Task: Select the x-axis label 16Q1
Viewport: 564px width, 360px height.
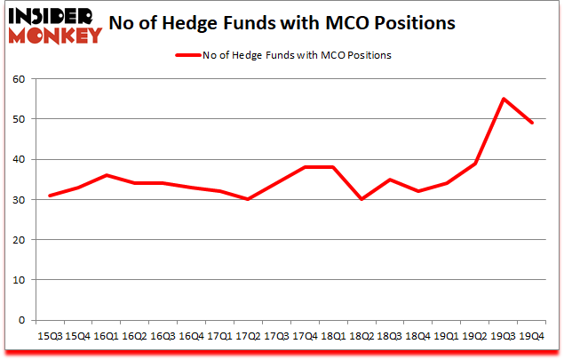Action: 106,337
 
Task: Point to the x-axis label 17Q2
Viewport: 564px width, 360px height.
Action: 248,337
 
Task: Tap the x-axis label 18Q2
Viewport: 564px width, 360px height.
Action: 361,337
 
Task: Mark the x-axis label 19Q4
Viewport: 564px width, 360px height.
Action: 532,337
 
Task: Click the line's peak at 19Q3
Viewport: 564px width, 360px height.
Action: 504,99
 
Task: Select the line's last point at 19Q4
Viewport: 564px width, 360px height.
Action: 532,123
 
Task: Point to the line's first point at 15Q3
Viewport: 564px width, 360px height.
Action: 49,196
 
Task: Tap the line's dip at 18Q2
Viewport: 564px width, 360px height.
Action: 361,199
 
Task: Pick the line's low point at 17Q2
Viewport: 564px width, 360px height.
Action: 248,199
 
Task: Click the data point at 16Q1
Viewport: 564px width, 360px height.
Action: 106,175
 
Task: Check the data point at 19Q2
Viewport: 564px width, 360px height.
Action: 475,164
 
